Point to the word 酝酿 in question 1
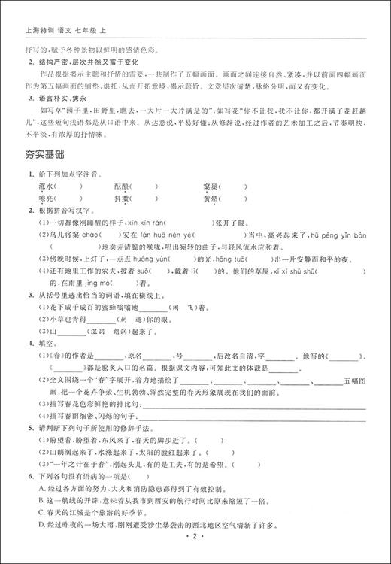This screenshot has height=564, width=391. [x=122, y=186]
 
